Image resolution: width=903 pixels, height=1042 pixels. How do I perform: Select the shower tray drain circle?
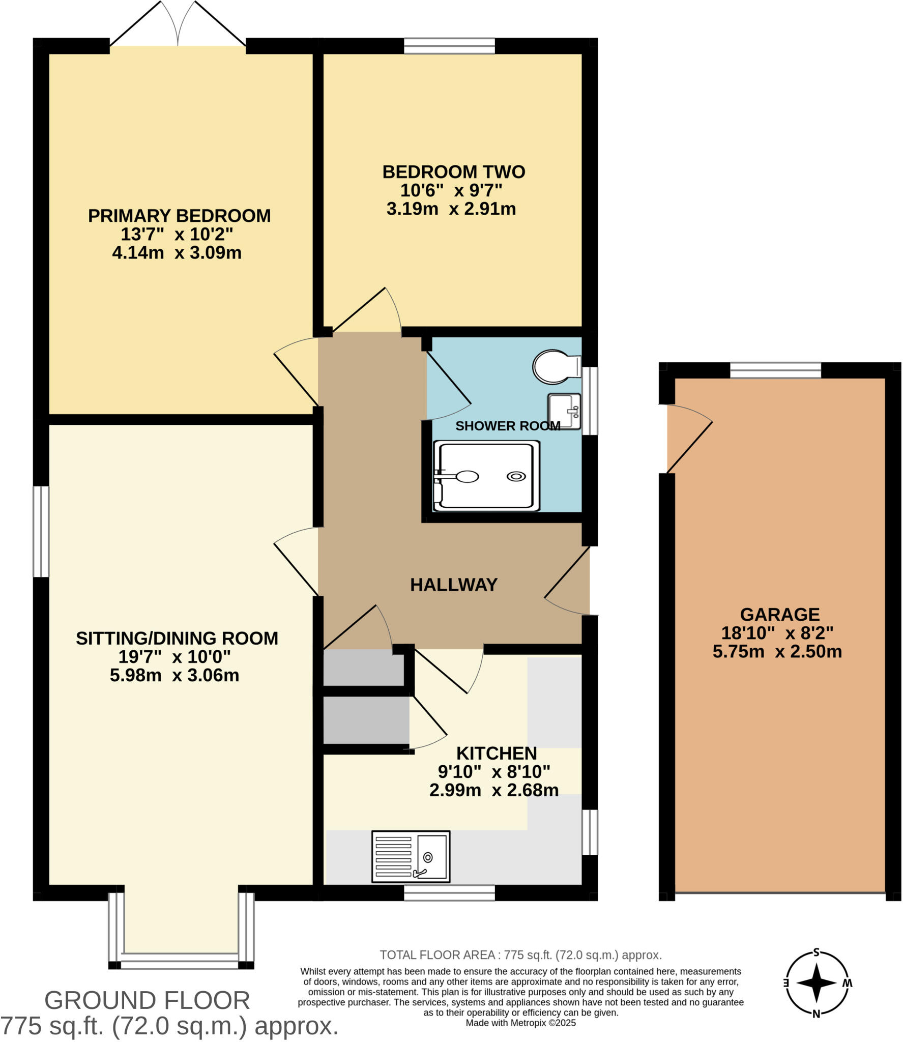pyautogui.click(x=516, y=477)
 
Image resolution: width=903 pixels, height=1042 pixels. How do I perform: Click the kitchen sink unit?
pyautogui.click(x=411, y=857)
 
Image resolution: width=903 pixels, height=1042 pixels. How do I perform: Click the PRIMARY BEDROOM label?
pyautogui.click(x=179, y=216)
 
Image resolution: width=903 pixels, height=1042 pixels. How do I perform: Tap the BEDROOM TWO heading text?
pyautogui.click(x=453, y=172)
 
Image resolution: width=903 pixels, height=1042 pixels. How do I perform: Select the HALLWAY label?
pyautogui.click(x=453, y=585)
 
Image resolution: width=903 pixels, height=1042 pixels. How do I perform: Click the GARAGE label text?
pyautogui.click(x=779, y=615)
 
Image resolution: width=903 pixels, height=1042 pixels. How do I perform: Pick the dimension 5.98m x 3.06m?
pyautogui.click(x=174, y=676)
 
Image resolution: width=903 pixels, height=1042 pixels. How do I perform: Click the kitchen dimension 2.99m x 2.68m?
pyautogui.click(x=493, y=790)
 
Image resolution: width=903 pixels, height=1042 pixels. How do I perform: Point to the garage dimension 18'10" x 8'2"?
pyautogui.click(x=777, y=633)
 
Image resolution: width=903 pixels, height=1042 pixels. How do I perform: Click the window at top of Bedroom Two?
pyautogui.click(x=449, y=46)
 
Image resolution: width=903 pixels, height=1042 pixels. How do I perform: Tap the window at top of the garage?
pyautogui.click(x=775, y=370)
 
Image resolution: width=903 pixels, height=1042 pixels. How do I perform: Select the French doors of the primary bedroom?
pyautogui.click(x=178, y=25)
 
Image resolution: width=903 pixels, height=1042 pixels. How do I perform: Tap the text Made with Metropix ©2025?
pyautogui.click(x=520, y=1023)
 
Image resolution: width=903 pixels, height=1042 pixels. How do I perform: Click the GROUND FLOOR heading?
pyautogui.click(x=147, y=1000)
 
